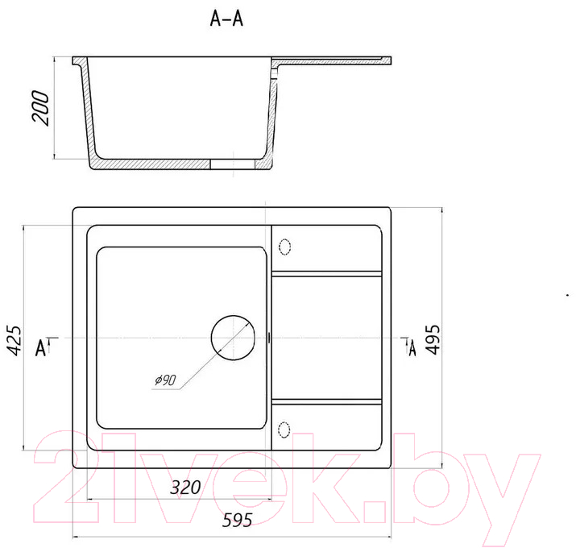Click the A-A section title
pyautogui.click(x=226, y=19)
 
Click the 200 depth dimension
pyautogui.click(x=40, y=108)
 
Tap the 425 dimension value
pyautogui.click(x=15, y=340)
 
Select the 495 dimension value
pyautogui.click(x=433, y=339)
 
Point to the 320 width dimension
pyautogui.click(x=185, y=488)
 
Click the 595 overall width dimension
pyautogui.click(x=237, y=520)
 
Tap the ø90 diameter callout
pyautogui.click(x=166, y=380)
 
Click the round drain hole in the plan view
pyautogui.click(x=233, y=338)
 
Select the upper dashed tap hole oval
pyautogui.click(x=285, y=247)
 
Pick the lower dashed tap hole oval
pyautogui.click(x=284, y=430)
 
